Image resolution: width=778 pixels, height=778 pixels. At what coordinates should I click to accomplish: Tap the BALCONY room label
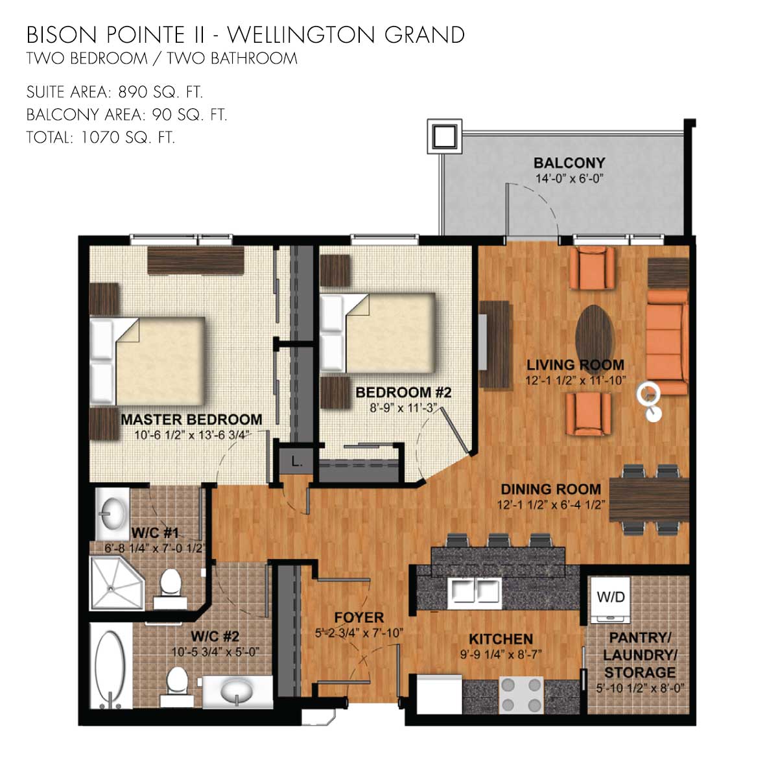(x=569, y=163)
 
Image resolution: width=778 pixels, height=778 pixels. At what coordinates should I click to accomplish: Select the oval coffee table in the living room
(x=595, y=333)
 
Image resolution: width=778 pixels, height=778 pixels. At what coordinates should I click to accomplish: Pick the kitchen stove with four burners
(x=522, y=694)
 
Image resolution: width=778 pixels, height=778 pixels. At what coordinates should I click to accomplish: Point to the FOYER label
(x=359, y=617)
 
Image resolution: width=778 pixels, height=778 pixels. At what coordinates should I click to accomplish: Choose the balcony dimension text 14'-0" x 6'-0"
(x=569, y=178)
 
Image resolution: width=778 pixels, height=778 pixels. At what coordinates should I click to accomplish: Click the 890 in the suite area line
(x=132, y=92)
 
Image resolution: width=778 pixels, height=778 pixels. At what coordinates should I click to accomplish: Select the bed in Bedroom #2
(x=377, y=333)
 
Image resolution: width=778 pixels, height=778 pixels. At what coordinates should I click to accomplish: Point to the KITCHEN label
(x=501, y=639)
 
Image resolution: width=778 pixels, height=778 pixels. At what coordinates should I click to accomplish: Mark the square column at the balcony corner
(x=445, y=136)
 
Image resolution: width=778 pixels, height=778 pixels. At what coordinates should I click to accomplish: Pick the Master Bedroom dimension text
(x=192, y=435)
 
